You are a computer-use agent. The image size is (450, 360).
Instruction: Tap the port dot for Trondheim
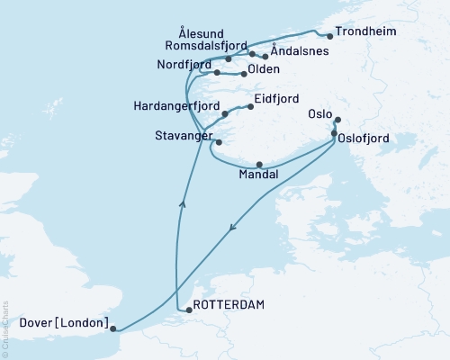(x=330, y=37)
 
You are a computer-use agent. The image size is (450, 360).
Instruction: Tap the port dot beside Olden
(x=244, y=74)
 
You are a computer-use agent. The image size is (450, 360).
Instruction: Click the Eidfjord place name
(x=277, y=102)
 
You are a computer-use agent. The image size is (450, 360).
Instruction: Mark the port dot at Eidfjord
(x=249, y=106)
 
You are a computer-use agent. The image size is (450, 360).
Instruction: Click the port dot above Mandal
(x=259, y=164)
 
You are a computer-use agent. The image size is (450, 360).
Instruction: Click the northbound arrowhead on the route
(x=183, y=204)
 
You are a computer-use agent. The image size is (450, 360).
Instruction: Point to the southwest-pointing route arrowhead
(x=233, y=228)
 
